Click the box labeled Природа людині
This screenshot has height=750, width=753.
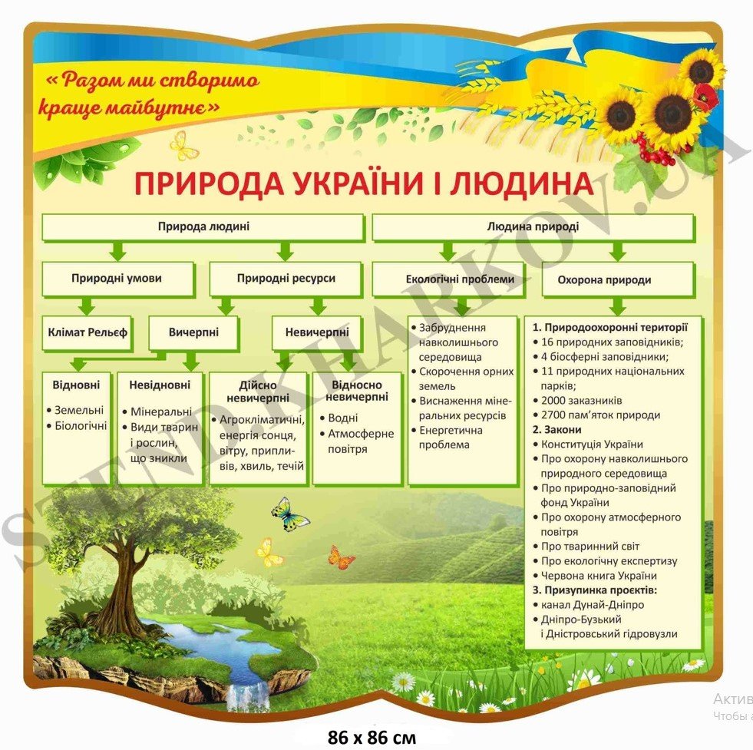tap(203, 227)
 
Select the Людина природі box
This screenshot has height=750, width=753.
tap(533, 227)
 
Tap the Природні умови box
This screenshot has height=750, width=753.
tap(117, 279)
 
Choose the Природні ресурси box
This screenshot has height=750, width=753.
tap(286, 279)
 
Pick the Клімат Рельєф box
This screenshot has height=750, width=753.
tap(87, 332)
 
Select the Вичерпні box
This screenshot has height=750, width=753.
tap(193, 332)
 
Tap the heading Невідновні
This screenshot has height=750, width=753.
tap(160, 384)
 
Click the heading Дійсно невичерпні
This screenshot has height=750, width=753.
tap(258, 391)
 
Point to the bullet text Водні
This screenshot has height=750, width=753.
tap(343, 419)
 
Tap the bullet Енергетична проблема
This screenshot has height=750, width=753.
tap(450, 438)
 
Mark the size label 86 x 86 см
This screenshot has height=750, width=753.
tap(372, 738)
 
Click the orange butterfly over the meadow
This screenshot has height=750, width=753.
tap(341, 557)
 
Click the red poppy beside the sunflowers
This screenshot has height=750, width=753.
tap(704, 97)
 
